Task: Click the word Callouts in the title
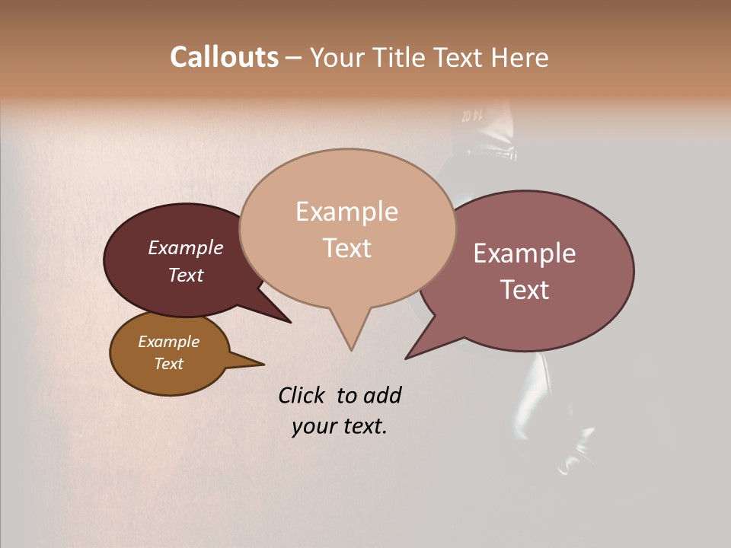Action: pyautogui.click(x=224, y=57)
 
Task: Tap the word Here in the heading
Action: pyautogui.click(x=520, y=57)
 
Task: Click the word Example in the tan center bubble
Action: pyautogui.click(x=346, y=212)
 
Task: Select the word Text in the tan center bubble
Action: pyautogui.click(x=347, y=247)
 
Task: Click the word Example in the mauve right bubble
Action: pyautogui.click(x=525, y=253)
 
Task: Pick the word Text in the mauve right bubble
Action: pyautogui.click(x=525, y=289)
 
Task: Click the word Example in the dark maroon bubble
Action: pyautogui.click(x=185, y=247)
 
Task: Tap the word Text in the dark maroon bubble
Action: pyautogui.click(x=185, y=275)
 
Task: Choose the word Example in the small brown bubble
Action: pyautogui.click(x=168, y=342)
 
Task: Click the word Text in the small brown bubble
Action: pyautogui.click(x=168, y=364)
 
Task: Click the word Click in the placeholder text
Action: pyautogui.click(x=301, y=395)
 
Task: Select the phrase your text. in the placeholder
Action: pyautogui.click(x=339, y=426)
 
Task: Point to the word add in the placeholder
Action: pyautogui.click(x=382, y=395)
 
